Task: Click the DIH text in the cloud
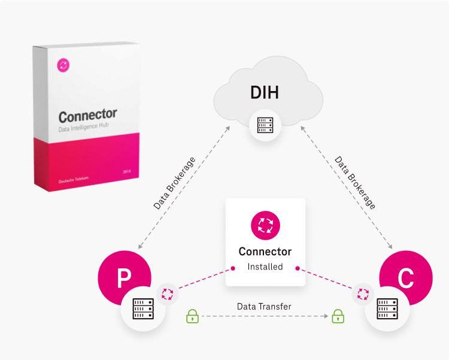[x=264, y=93]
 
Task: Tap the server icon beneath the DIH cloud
[x=265, y=125]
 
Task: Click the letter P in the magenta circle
[x=123, y=277]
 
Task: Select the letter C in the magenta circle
[x=405, y=277]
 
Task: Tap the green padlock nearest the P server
[x=192, y=315]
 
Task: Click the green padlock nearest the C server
[x=338, y=315]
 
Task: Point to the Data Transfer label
[x=264, y=306]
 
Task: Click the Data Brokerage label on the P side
[x=174, y=183]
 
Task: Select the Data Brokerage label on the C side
[x=355, y=183]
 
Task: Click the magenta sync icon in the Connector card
[x=265, y=226]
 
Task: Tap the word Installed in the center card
[x=265, y=267]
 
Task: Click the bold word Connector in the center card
[x=265, y=252]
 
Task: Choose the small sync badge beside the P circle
[x=168, y=294]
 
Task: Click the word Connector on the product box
[x=88, y=114]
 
